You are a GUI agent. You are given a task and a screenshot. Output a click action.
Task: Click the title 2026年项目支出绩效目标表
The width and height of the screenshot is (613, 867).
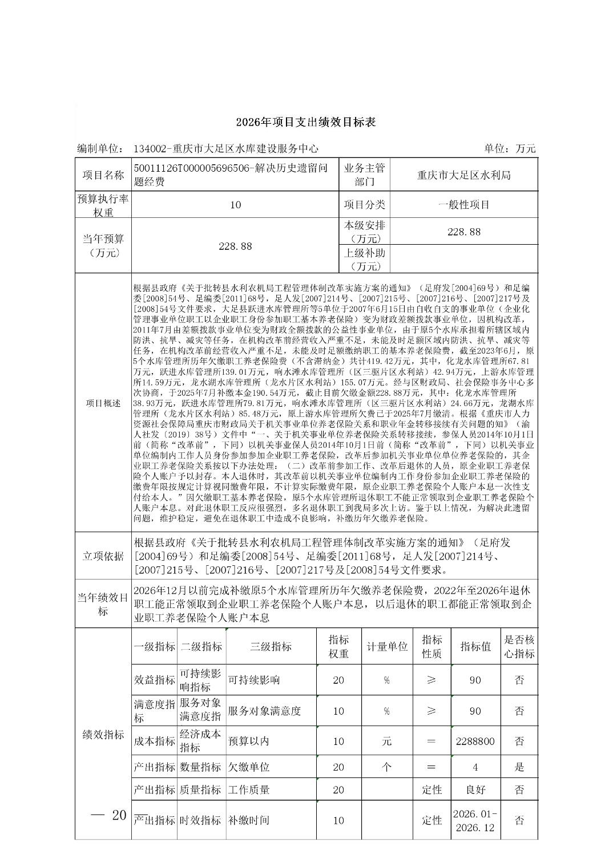[306, 122]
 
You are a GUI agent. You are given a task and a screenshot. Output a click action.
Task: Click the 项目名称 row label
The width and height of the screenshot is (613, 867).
[103, 175]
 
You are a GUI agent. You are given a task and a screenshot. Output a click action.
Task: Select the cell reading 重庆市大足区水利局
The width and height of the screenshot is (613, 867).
[463, 175]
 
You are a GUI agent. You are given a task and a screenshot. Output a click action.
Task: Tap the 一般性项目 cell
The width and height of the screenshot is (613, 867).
[463, 204]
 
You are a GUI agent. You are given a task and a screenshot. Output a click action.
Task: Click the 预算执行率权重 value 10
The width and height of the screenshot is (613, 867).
[235, 205]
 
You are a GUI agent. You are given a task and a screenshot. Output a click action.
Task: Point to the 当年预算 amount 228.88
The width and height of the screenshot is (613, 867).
[235, 246]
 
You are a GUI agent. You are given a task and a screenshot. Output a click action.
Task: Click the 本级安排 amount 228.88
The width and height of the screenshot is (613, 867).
[463, 232]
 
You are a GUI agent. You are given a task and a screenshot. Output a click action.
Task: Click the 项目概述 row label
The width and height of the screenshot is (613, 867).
[103, 403]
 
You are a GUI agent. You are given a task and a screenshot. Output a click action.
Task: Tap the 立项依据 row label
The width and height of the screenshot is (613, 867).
[103, 556]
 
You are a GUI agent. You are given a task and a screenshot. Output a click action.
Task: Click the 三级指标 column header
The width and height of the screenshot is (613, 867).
[271, 646]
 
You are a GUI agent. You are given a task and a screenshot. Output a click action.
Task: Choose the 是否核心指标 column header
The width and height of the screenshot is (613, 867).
[519, 646]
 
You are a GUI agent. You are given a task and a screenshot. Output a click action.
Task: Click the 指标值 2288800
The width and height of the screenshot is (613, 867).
[475, 741]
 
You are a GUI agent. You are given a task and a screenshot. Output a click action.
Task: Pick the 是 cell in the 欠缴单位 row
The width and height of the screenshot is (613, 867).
[519, 767]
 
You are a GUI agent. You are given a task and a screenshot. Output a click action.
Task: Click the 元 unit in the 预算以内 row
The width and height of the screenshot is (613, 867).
[386, 741]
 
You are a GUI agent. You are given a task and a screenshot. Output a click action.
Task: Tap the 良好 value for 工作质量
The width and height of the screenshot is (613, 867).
[475, 789]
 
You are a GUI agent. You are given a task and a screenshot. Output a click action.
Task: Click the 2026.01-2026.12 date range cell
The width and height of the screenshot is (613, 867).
[475, 820]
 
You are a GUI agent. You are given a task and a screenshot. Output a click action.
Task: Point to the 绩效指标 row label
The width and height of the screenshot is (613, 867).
[103, 735]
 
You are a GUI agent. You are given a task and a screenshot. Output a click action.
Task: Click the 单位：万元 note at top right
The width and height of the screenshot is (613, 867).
[510, 149]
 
